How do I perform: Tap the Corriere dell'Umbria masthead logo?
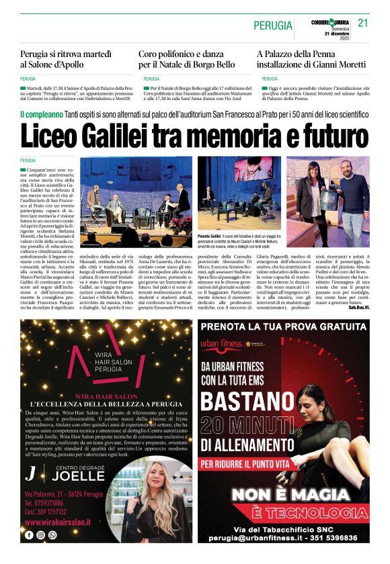[331, 22]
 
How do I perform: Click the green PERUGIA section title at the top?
[273, 26]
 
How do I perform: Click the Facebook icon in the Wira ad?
[29, 535]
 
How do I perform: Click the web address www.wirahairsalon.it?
[58, 522]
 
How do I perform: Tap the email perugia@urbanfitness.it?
[256, 538]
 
